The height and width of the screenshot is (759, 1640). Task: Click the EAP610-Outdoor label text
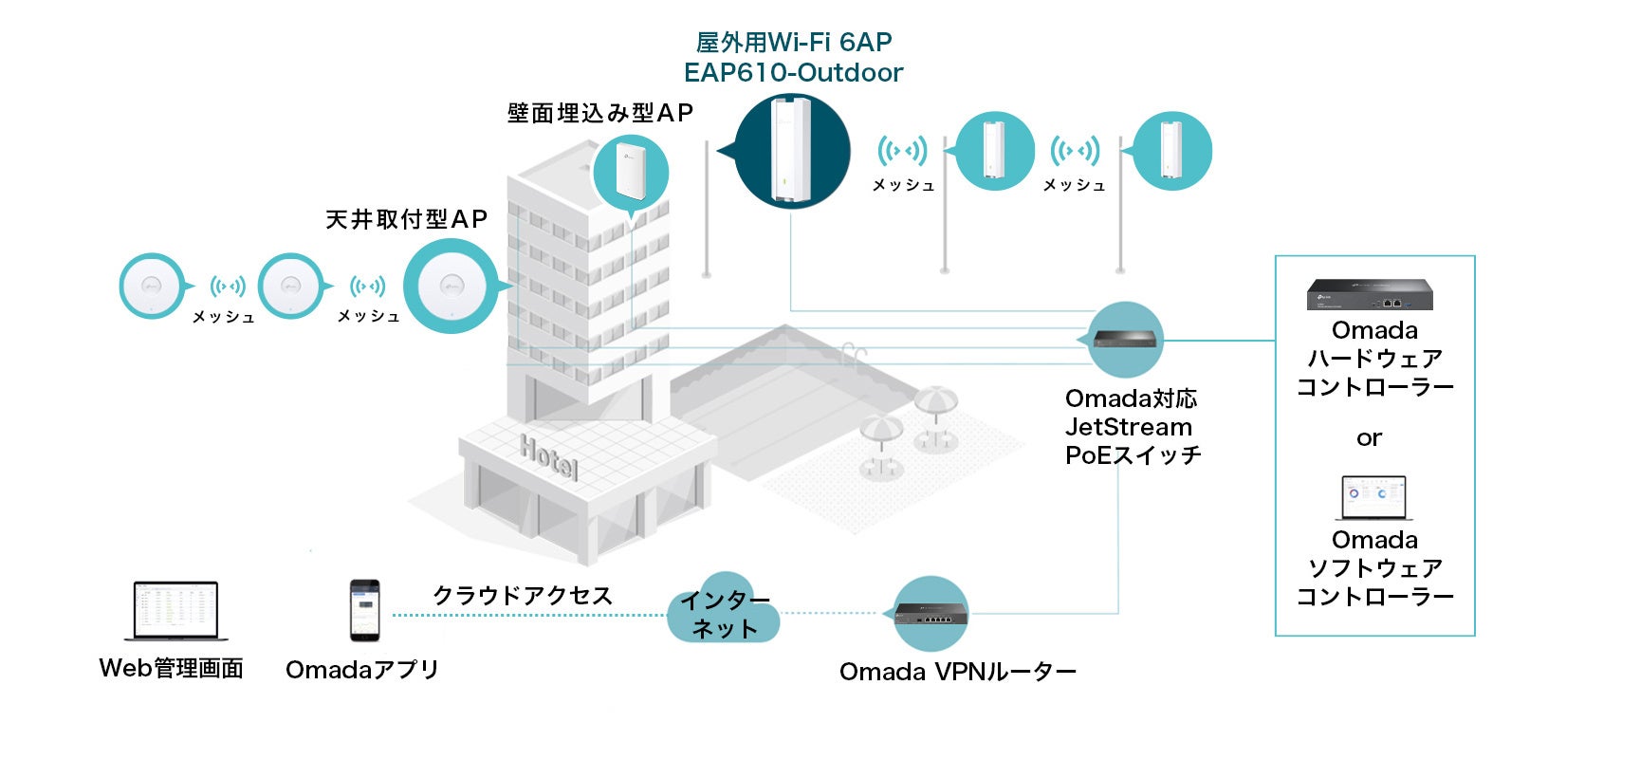click(793, 73)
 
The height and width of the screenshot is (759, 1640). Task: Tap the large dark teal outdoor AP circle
click(792, 151)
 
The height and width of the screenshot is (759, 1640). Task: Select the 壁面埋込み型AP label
click(599, 114)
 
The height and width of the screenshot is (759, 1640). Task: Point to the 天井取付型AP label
click(406, 220)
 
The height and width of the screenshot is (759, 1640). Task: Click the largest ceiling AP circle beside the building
click(451, 286)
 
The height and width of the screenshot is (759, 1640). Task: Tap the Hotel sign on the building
click(548, 457)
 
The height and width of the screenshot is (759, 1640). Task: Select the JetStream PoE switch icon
click(1125, 339)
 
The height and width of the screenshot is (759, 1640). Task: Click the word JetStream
click(1128, 427)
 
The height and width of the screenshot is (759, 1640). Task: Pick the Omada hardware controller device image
click(1370, 295)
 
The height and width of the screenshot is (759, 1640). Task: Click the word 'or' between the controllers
click(1369, 438)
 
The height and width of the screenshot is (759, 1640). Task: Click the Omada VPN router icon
click(931, 613)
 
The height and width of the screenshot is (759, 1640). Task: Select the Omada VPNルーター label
click(957, 672)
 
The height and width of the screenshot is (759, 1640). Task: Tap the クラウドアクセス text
click(523, 596)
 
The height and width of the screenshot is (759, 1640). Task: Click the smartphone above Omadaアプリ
click(364, 610)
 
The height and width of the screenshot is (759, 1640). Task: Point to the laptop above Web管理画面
click(175, 610)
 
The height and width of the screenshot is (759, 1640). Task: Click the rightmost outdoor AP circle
click(1172, 151)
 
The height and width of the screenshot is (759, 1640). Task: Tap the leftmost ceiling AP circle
click(151, 286)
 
